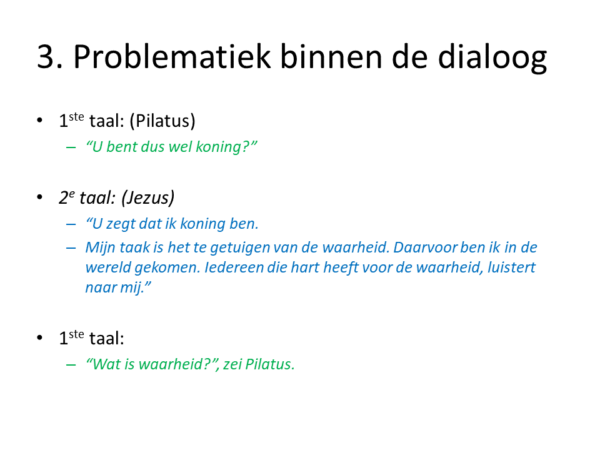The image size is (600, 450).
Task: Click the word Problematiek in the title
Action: pyautogui.click(x=172, y=56)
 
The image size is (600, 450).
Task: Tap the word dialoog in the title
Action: pyautogui.click(x=492, y=58)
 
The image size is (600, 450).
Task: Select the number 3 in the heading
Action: pyautogui.click(x=45, y=57)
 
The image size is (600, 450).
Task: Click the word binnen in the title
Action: pyautogui.click(x=331, y=56)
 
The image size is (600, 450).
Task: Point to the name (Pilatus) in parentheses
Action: pyautogui.click(x=162, y=121)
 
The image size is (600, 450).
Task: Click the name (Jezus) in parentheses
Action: pyautogui.click(x=147, y=198)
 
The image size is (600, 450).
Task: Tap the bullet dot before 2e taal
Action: pyautogui.click(x=40, y=197)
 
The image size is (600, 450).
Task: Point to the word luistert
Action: pyautogui.click(x=512, y=267)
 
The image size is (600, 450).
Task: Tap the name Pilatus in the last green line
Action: pyautogui.click(x=269, y=364)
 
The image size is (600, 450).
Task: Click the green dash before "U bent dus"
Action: pyautogui.click(x=71, y=147)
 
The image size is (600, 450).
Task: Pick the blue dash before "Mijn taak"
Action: pyautogui.click(x=71, y=248)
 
